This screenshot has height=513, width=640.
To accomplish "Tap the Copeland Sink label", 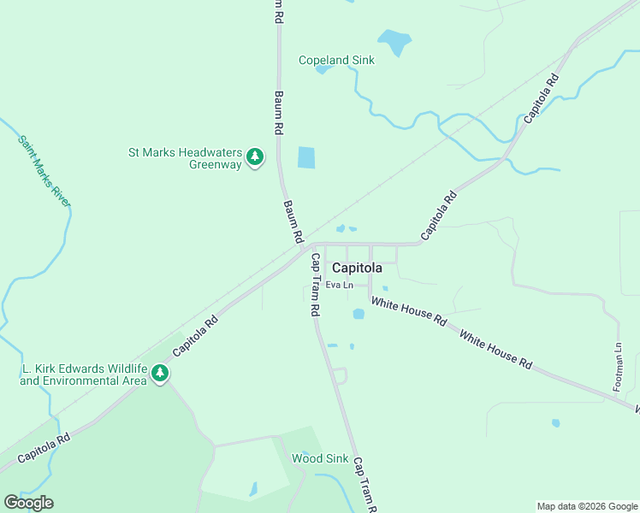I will (x=336, y=60).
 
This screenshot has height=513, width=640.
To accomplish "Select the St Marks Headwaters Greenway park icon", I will (x=254, y=157).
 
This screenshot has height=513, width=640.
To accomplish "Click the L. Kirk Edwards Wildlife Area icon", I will (x=159, y=373).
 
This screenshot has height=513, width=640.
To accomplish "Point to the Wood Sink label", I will (x=320, y=459).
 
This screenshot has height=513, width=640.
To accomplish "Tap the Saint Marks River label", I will (x=44, y=170).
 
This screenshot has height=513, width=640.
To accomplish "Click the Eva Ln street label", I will (x=340, y=285).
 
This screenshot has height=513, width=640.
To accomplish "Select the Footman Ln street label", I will (x=618, y=368).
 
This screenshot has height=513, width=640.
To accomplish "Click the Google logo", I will (x=28, y=503).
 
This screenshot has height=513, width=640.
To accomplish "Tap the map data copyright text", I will (x=586, y=506).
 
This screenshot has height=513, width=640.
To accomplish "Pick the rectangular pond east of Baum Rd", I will (x=305, y=157).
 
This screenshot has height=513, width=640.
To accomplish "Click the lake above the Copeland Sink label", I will (x=394, y=40).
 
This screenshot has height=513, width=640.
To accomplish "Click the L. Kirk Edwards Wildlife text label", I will (x=82, y=374).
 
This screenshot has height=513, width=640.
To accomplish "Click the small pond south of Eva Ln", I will (x=359, y=314).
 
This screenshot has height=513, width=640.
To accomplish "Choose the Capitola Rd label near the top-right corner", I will (x=541, y=97).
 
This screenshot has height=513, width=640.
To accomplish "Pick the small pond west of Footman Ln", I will (x=556, y=422).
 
